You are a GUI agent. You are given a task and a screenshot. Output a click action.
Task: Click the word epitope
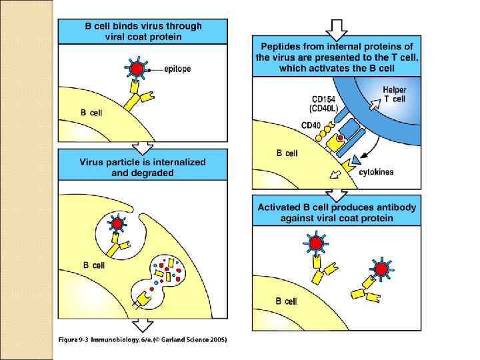coord(177,69)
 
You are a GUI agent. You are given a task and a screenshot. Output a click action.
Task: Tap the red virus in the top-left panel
coord(136,69)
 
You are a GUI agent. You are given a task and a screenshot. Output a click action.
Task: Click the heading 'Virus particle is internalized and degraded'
coord(143,167)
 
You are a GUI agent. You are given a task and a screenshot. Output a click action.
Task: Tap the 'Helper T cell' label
coord(394,94)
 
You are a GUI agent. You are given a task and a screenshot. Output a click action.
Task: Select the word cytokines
coord(376,172)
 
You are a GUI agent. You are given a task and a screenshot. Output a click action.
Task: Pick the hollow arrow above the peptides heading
coord(336,29)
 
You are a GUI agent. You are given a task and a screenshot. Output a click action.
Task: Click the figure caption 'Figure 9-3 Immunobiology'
coord(143,340)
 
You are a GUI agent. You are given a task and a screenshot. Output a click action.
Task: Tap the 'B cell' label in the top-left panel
coord(92,113)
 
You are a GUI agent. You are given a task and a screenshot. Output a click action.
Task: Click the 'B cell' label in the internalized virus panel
coord(94,265)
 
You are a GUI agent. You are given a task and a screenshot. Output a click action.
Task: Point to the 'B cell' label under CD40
coord(287,153)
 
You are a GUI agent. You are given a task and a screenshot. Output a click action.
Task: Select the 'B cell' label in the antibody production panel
coord(287,301)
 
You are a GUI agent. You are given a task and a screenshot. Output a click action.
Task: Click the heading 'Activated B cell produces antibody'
coord(337,212)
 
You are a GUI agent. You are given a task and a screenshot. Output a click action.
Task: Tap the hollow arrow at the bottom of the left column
coord(142,326)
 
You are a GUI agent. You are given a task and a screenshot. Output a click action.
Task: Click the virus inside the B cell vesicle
coord(118,224)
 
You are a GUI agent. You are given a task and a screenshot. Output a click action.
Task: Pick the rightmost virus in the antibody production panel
coord(381,269)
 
